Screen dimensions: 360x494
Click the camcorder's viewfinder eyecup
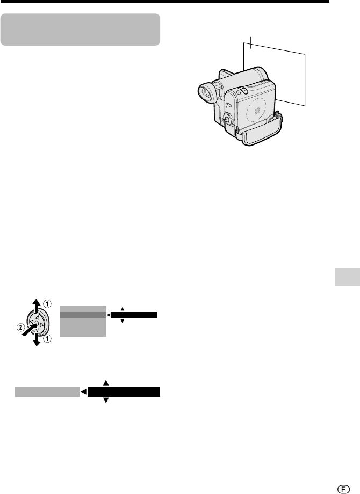(206, 93)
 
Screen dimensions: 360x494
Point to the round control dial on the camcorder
(228, 120)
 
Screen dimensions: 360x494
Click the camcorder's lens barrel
(249, 77)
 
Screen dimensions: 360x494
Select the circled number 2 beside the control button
(20, 328)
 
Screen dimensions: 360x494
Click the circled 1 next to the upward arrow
(47, 304)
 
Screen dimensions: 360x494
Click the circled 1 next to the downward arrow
(47, 339)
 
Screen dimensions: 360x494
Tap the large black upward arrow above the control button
(37, 305)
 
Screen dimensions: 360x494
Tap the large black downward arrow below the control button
(37, 338)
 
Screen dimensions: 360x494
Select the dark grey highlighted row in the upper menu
(83, 315)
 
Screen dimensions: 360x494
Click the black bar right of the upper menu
(134, 315)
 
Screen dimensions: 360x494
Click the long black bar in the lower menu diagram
(124, 391)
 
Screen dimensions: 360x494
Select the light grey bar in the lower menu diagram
(48, 391)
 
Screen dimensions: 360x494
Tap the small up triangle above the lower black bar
(106, 383)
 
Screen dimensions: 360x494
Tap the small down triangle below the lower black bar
(106, 401)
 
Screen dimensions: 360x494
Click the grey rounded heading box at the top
(81, 30)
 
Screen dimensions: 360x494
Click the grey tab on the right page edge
(348, 277)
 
